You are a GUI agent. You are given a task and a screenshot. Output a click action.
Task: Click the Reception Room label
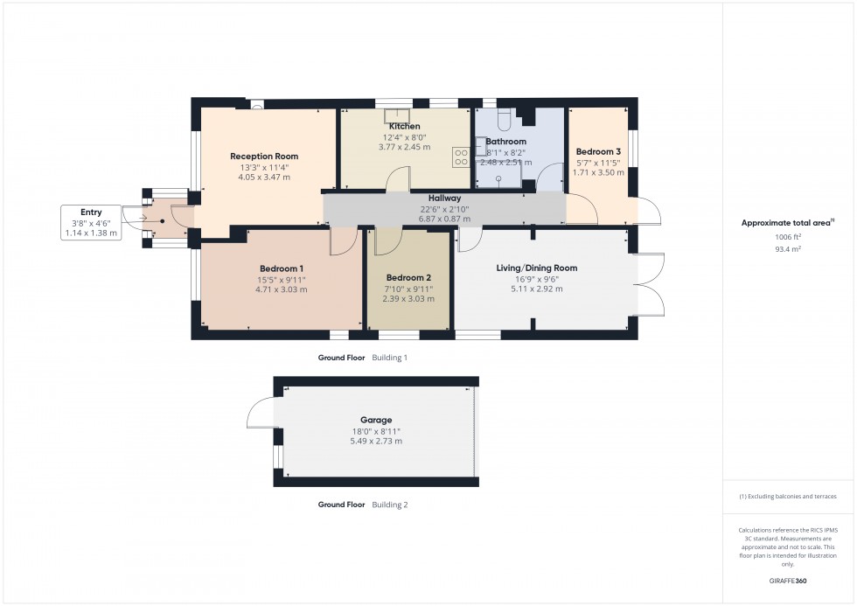pyautogui.click(x=264, y=157)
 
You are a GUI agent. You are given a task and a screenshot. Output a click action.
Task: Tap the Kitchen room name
pyautogui.click(x=404, y=127)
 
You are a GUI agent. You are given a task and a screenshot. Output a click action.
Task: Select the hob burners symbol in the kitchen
pyautogui.click(x=461, y=157)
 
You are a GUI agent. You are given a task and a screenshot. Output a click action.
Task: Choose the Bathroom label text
pyautogui.click(x=506, y=142)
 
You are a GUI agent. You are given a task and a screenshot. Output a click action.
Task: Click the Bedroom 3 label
pyautogui.click(x=598, y=151)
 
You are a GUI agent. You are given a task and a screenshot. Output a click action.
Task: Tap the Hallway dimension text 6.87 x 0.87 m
pyautogui.click(x=444, y=217)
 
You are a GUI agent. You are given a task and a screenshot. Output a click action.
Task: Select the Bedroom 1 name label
pyautogui.click(x=282, y=268)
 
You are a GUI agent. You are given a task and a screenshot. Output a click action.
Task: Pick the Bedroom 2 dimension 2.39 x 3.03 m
pyautogui.click(x=408, y=298)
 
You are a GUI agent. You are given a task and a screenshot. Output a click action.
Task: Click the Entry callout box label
pyautogui.click(x=91, y=212)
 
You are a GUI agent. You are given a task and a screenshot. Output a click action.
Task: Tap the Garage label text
pyautogui.click(x=376, y=420)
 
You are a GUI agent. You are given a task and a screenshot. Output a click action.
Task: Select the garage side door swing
pyautogui.click(x=261, y=413)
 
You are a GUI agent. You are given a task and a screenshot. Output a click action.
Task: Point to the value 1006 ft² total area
pyautogui.click(x=788, y=237)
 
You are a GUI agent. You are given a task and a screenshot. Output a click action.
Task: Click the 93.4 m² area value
pyautogui.click(x=788, y=249)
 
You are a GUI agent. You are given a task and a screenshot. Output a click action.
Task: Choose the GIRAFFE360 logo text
pyautogui.click(x=788, y=580)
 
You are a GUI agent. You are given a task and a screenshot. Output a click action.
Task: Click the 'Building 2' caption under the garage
pyautogui.click(x=389, y=505)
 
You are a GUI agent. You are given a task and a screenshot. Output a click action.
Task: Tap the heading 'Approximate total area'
pyautogui.click(x=787, y=223)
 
